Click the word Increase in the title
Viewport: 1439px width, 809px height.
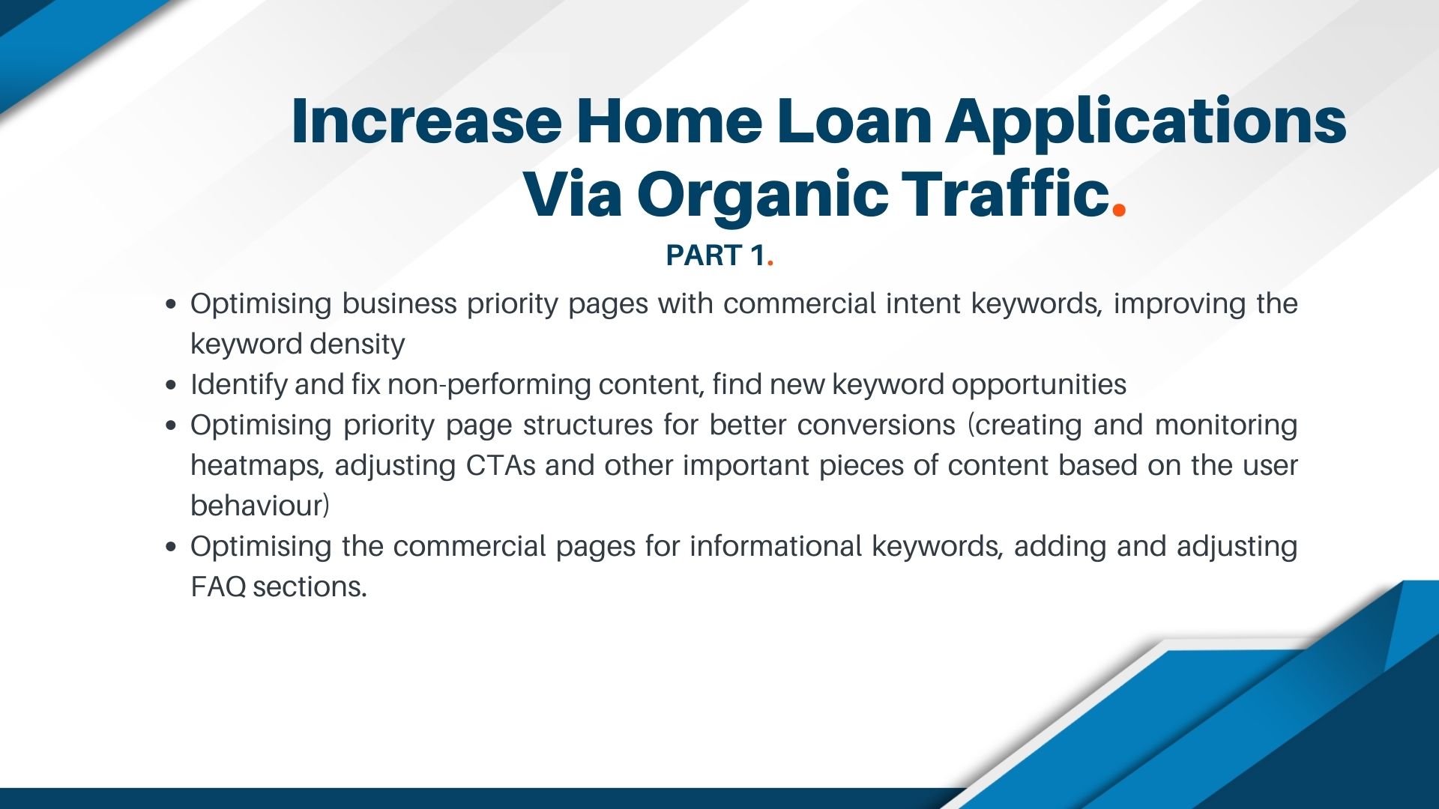[426, 121]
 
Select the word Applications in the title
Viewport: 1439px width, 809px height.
[1146, 121]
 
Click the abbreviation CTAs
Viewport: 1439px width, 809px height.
[501, 465]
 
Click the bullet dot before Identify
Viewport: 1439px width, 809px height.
[172, 386]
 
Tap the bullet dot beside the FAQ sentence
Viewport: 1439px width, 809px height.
[172, 548]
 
